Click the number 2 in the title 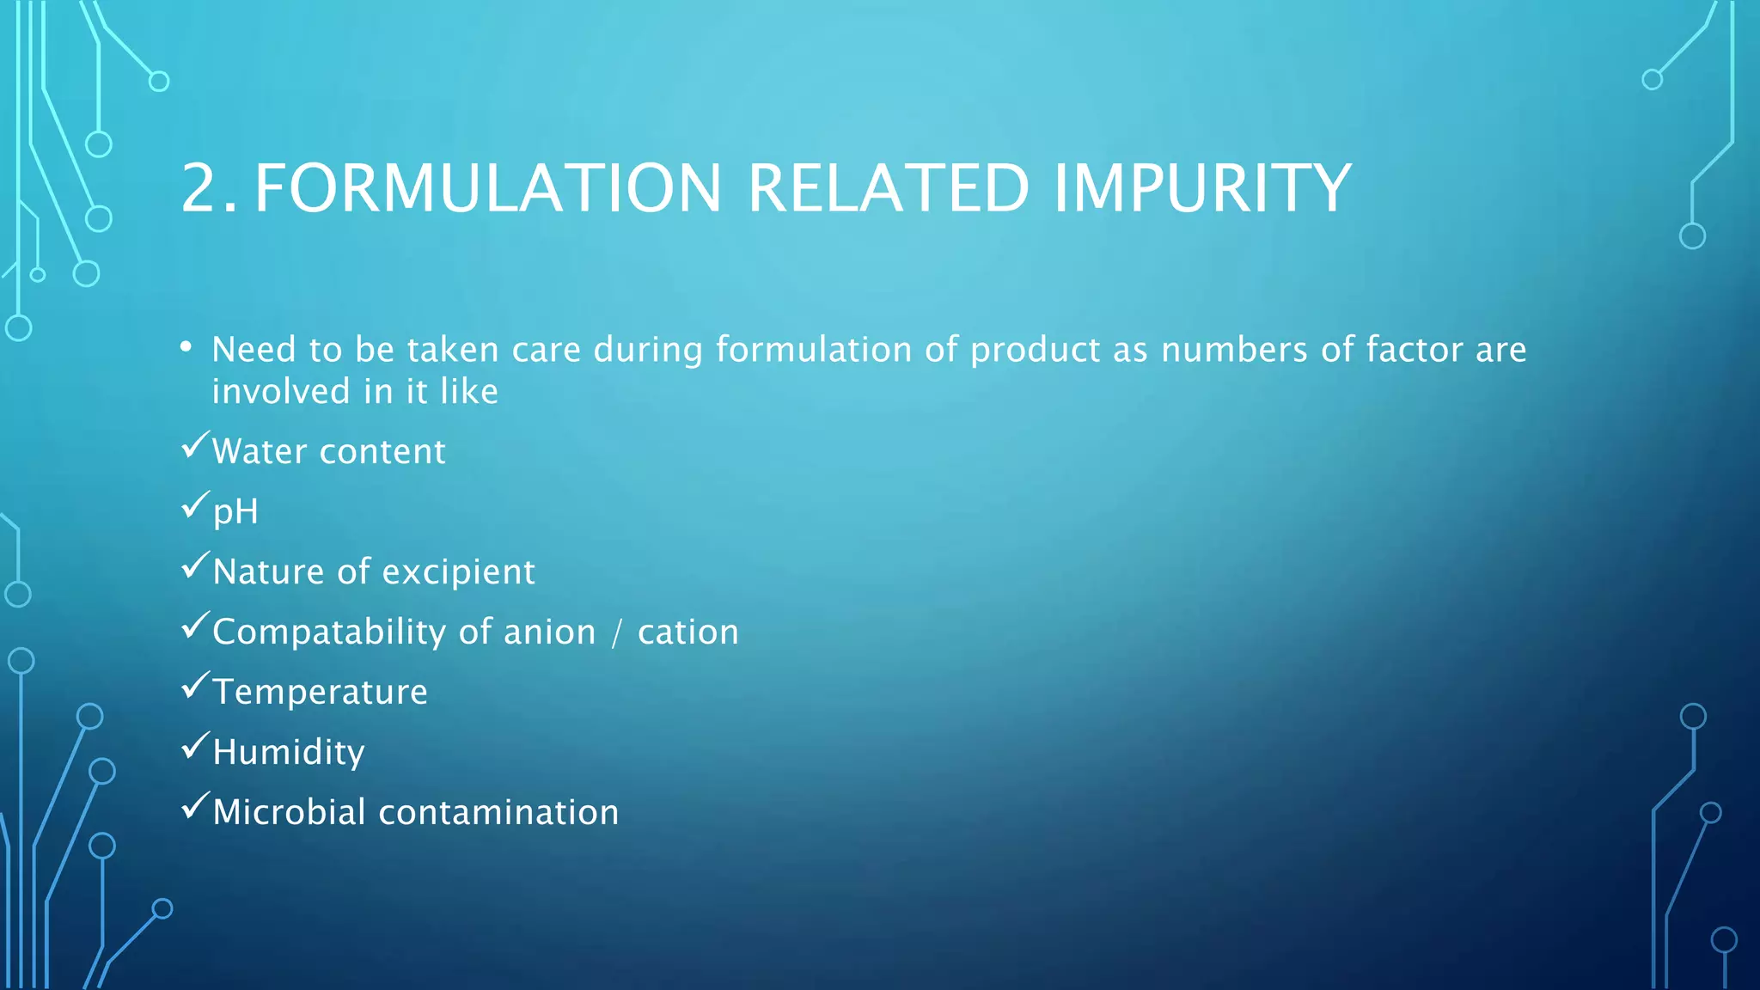tap(203, 188)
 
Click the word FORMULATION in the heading tap(488, 188)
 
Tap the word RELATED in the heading tap(888, 188)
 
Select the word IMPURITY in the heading tap(1202, 188)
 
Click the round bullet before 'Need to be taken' tap(186, 347)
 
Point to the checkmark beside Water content tap(196, 446)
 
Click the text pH tap(235, 512)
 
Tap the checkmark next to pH tap(196, 505)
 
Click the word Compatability tap(329, 632)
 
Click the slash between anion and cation tap(616, 633)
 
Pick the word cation tap(687, 632)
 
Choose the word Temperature tap(320, 692)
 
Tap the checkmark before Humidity tap(196, 746)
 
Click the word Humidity tap(289, 752)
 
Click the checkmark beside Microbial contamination tap(196, 806)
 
